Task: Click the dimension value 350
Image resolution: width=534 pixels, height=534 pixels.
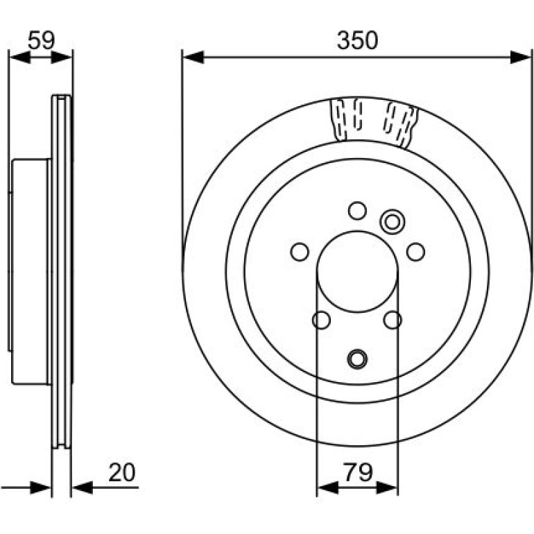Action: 357,40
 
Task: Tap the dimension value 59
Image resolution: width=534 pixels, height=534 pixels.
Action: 41,40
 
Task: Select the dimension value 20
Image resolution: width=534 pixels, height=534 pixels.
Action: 122,472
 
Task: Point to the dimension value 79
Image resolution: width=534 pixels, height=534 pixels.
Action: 358,472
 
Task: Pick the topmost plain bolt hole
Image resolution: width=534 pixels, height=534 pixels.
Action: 357,210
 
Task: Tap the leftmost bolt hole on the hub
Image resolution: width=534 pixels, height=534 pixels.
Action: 300,252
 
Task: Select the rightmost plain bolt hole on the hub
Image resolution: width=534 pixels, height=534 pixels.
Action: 415,252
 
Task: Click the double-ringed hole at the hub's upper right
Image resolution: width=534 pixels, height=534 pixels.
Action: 393,222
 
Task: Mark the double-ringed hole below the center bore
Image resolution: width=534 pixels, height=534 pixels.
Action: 357,359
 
